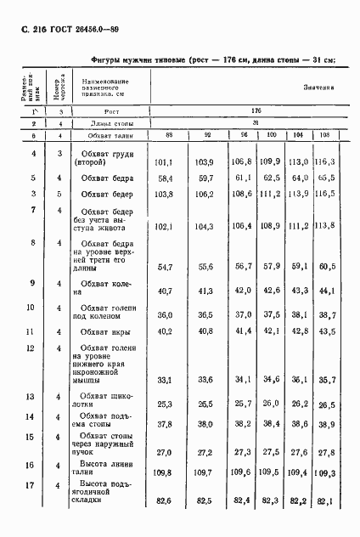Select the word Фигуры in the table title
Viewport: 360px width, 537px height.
click(106, 59)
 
